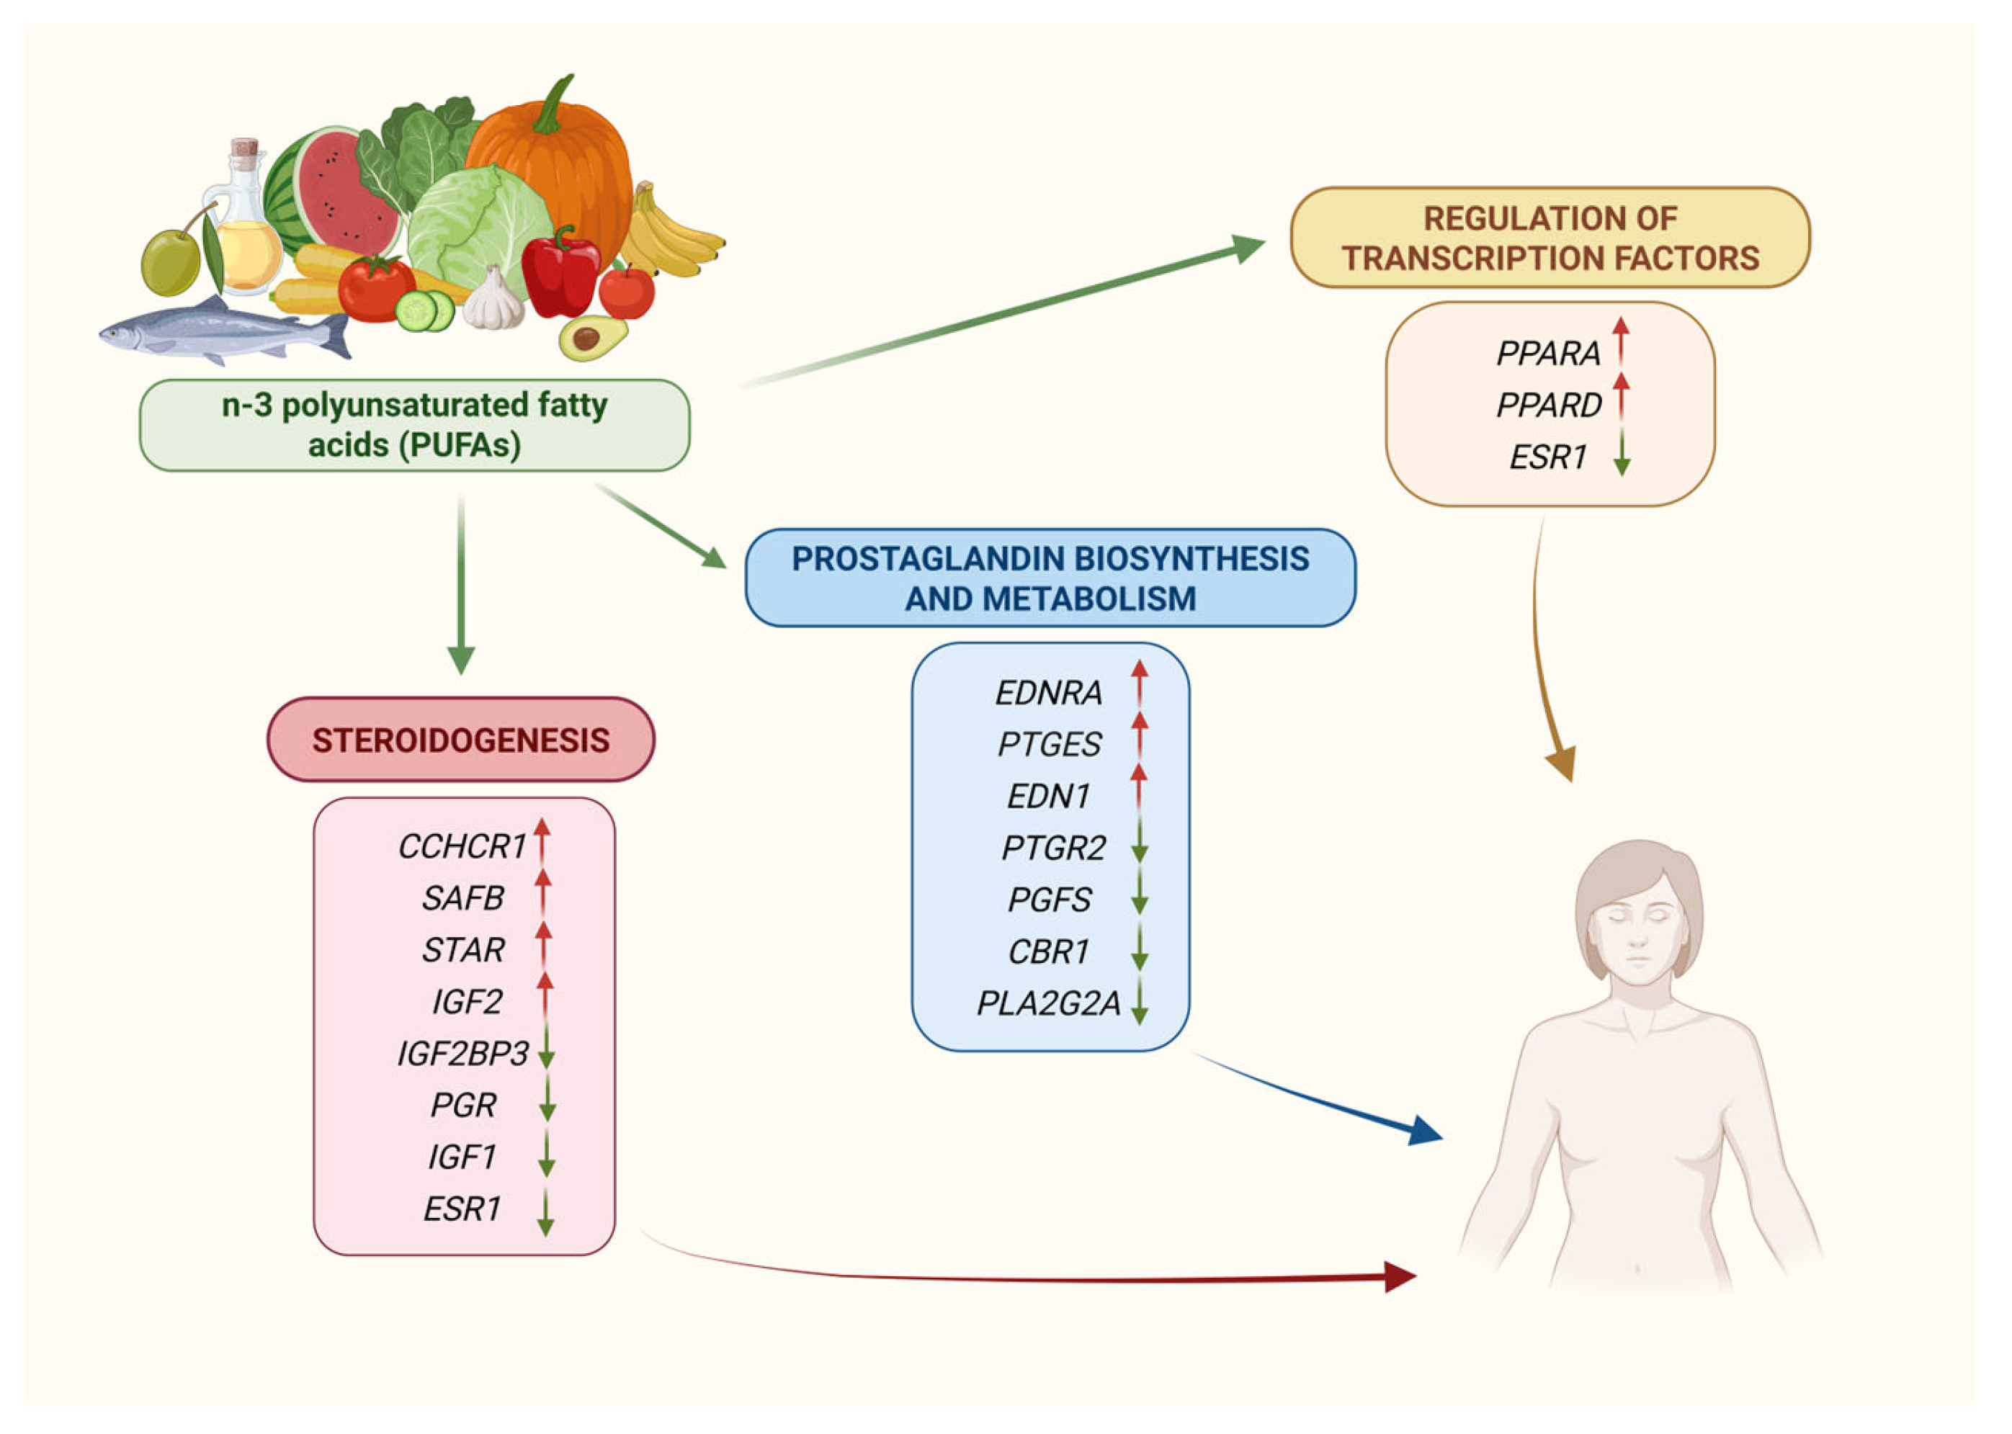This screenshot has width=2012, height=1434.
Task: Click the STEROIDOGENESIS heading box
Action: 460,740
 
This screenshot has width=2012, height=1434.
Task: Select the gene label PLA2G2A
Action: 1047,1004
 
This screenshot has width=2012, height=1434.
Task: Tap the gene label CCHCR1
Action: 462,847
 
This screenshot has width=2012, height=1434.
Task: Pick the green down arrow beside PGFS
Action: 1140,895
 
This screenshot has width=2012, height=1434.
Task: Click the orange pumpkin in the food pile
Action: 552,155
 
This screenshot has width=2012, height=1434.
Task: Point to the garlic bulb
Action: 493,300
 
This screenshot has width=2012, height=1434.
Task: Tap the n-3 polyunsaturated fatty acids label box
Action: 414,425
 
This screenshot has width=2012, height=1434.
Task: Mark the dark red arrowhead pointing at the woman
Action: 1399,1277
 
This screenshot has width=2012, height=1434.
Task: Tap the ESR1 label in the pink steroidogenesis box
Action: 462,1209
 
